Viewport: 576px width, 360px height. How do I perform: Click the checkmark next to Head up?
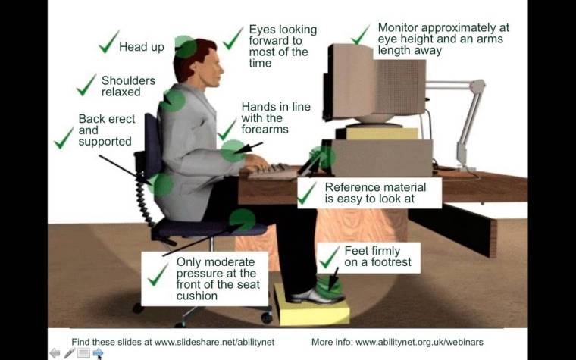tap(108, 42)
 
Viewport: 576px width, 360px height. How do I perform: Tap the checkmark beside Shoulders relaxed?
tap(86, 85)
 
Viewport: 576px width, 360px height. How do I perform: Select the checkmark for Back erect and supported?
tap(64, 138)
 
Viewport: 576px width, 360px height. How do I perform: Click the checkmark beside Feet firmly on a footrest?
tap(329, 258)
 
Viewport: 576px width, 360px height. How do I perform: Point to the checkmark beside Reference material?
tap(307, 194)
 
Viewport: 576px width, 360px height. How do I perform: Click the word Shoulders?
tap(128, 80)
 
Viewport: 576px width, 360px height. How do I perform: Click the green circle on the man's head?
tap(185, 47)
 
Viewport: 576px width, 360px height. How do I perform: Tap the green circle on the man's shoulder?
tap(174, 100)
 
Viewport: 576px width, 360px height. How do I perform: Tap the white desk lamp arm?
tap(471, 114)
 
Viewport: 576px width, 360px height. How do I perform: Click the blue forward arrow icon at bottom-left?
tap(98, 353)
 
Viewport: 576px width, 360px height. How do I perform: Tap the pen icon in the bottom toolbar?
tap(69, 353)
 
